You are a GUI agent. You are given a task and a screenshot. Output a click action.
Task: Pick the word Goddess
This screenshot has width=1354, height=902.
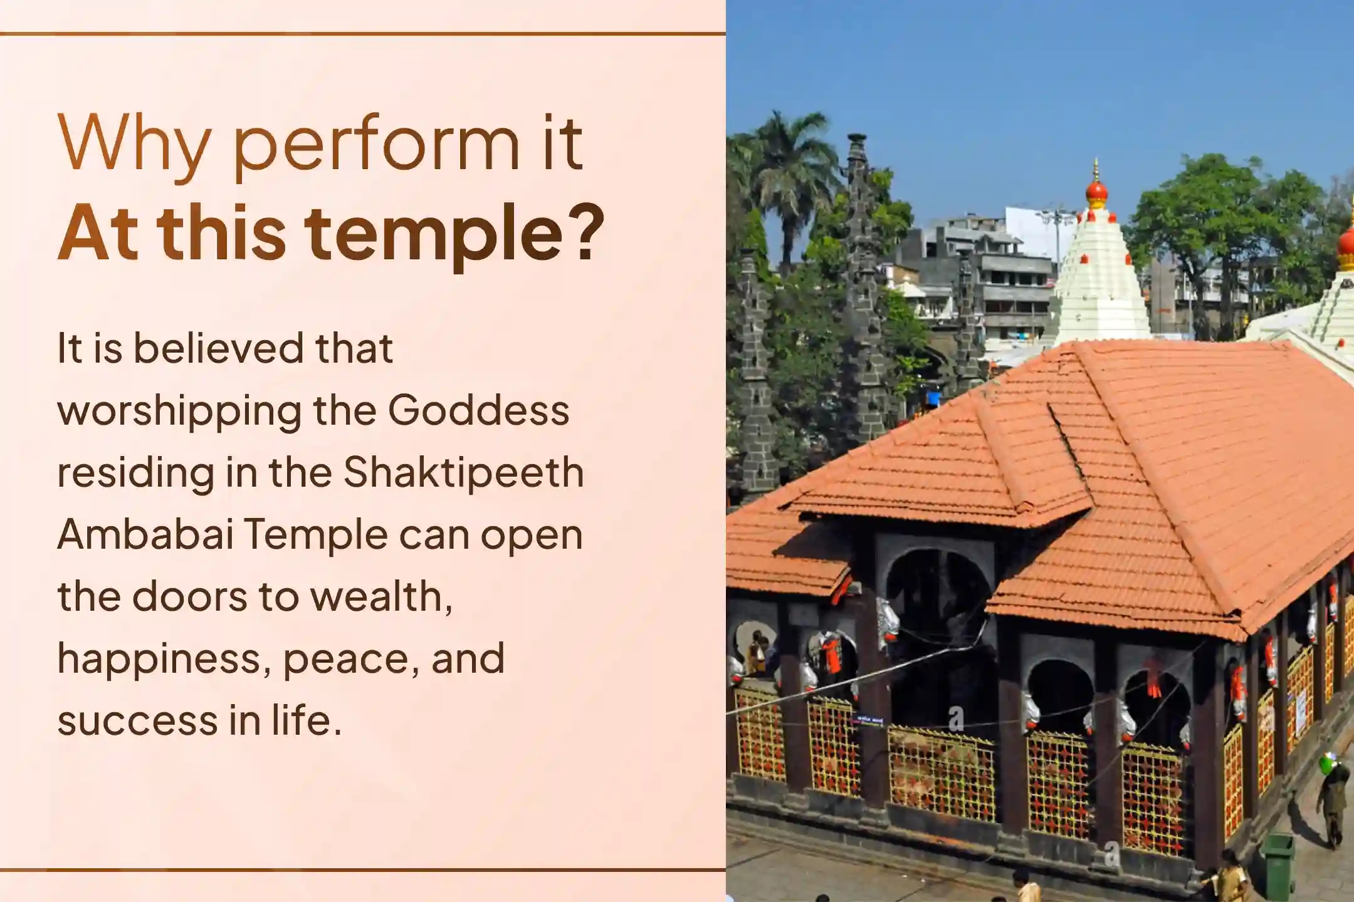coord(478,410)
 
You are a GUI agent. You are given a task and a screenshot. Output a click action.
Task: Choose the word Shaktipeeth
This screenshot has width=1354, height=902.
coord(463,474)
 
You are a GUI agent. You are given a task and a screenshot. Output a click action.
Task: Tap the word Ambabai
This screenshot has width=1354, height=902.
coord(145,534)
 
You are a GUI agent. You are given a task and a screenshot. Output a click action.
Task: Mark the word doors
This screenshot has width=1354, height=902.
coord(190,596)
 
